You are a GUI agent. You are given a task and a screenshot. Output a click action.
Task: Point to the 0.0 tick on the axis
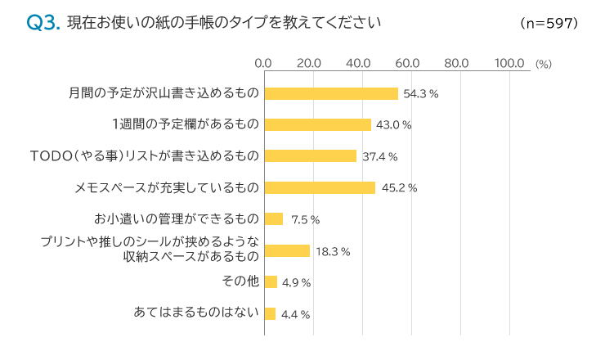pyautogui.click(x=263, y=62)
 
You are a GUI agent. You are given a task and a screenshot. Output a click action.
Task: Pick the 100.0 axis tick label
pyautogui.click(x=509, y=62)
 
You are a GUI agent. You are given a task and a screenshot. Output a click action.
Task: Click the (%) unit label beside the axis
pyautogui.click(x=544, y=63)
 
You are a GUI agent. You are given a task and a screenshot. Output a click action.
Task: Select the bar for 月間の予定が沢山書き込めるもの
pyautogui.click(x=331, y=93)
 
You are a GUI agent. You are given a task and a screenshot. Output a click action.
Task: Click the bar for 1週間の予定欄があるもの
pyautogui.click(x=317, y=124)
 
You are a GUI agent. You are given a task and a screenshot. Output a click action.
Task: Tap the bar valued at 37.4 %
pyautogui.click(x=311, y=156)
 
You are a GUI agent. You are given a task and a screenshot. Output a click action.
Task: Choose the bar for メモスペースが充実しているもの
pyautogui.click(x=320, y=187)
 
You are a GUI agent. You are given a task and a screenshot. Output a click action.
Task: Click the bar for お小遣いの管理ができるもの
pyautogui.click(x=273, y=219)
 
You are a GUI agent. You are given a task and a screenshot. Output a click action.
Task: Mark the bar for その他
pyautogui.click(x=271, y=282)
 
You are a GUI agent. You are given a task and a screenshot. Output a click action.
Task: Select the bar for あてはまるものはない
pyautogui.click(x=270, y=313)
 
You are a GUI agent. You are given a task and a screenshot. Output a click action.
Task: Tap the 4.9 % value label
pyautogui.click(x=295, y=283)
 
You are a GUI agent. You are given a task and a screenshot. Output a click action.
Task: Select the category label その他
pyautogui.click(x=240, y=281)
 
